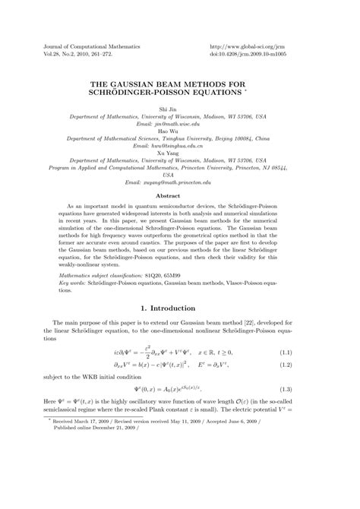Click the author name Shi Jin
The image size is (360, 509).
pos(179,110)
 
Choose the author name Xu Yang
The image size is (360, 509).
pos(179,151)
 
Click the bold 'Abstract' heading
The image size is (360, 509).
pos(179,196)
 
